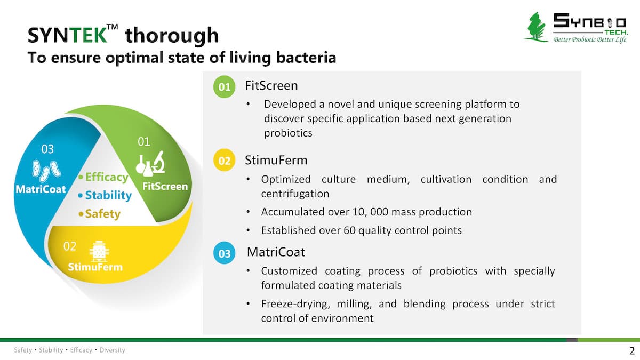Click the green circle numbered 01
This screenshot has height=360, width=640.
tap(225, 87)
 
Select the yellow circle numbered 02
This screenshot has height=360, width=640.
tap(225, 161)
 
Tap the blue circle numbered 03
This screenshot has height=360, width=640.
tap(225, 253)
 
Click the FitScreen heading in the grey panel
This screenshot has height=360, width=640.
tap(271, 85)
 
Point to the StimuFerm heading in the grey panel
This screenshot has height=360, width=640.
tap(276, 160)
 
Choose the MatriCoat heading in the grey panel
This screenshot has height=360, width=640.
tap(276, 252)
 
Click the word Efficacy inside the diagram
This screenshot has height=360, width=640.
tap(107, 177)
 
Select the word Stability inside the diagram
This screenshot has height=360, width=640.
tap(108, 195)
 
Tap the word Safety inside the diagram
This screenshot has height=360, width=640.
tap(102, 214)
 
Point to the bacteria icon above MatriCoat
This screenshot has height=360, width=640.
tap(46, 171)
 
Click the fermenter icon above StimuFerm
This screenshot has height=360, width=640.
tap(99, 251)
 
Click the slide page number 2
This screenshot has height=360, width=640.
tap(631, 350)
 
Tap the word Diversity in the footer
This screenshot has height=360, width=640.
tap(113, 350)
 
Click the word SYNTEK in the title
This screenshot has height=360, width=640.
tap(67, 35)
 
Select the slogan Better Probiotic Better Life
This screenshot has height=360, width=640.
tap(590, 39)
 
